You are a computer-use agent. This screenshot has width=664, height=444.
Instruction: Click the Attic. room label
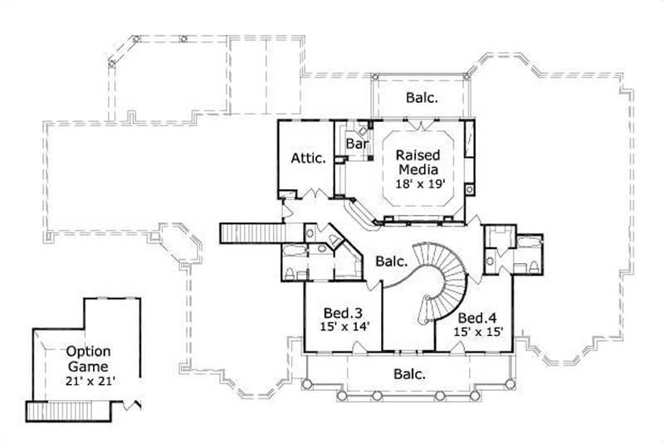tap(307, 158)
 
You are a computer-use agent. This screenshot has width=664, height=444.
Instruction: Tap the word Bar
tap(357, 144)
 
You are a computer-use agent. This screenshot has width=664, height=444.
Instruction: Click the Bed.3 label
tap(341, 314)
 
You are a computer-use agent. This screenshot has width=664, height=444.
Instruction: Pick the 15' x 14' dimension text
tap(341, 328)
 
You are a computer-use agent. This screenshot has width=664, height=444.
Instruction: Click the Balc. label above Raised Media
tap(422, 97)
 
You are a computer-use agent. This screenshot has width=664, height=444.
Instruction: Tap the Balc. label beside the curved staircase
tap(391, 261)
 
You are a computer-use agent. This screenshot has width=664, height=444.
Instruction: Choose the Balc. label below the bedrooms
tap(408, 374)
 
